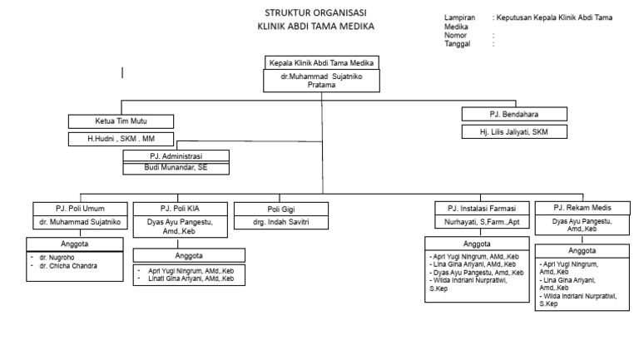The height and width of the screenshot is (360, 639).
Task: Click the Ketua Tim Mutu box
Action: click(x=121, y=121)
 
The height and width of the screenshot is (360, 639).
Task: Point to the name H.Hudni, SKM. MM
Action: click(x=121, y=139)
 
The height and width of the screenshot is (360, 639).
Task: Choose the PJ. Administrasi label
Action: click(x=176, y=155)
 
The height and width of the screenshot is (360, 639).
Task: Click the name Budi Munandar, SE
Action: click(x=176, y=166)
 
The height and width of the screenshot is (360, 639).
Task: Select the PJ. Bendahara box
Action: click(x=515, y=115)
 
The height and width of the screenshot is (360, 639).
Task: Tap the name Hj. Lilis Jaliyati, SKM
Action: click(x=515, y=131)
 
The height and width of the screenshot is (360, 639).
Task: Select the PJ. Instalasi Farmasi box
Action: click(x=480, y=208)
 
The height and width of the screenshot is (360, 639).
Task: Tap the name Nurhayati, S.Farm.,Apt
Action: click(x=480, y=222)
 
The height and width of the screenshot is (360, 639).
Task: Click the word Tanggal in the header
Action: click(x=458, y=44)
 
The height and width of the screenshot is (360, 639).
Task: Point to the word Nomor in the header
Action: click(x=456, y=36)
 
